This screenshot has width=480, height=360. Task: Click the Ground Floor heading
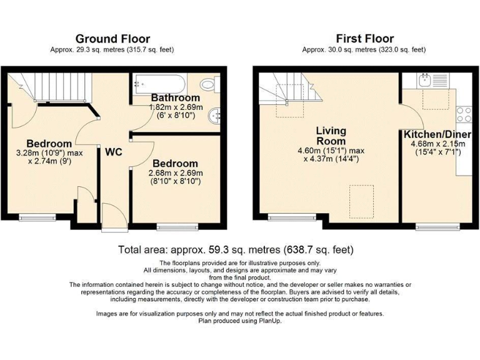(x=111, y=38)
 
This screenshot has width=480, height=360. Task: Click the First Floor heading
(x=364, y=38)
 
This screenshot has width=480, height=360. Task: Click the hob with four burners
(x=464, y=114)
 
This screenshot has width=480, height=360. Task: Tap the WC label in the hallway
(x=113, y=152)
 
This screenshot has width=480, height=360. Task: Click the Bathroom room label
(x=176, y=97)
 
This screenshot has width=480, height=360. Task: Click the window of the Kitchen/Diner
(x=431, y=227)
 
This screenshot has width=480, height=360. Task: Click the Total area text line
(x=236, y=249)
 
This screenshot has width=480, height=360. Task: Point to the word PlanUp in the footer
(x=268, y=321)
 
